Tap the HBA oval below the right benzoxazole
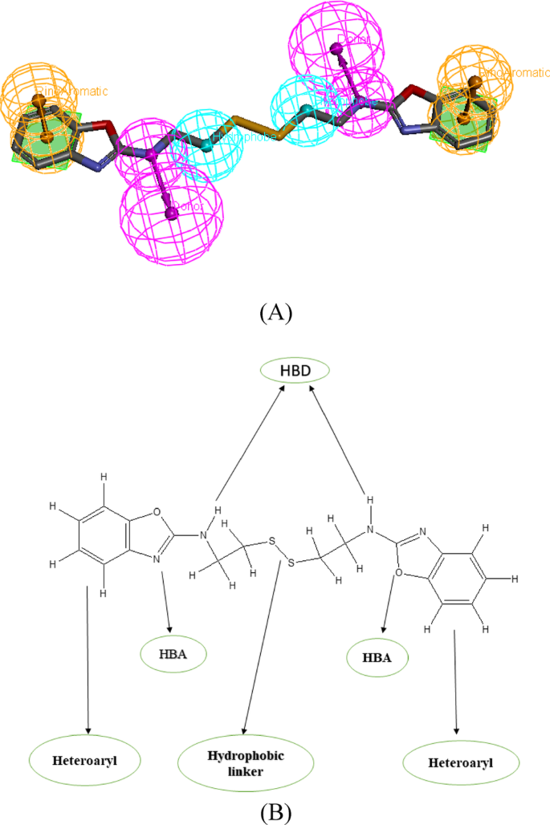tap(377, 659)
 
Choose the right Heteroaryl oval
tap(456, 759)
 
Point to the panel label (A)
tap(275, 312)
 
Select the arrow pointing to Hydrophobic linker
tap(264, 642)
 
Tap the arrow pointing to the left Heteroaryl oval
tap(87, 658)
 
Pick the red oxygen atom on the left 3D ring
tap(105, 126)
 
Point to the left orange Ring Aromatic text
tap(72, 91)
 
